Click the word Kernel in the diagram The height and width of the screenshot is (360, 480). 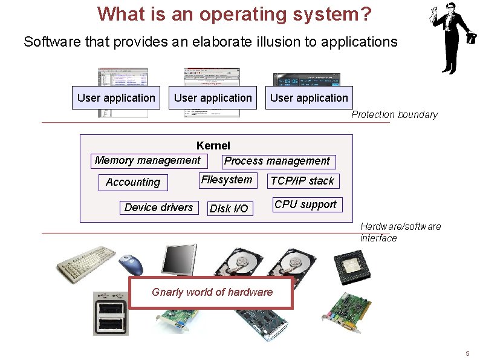click(213, 146)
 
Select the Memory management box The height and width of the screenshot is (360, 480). click(148, 160)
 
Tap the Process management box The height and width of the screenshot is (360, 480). click(277, 161)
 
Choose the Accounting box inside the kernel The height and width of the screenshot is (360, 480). click(133, 182)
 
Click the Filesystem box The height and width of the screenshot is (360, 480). click(227, 180)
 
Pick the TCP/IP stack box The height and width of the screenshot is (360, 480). click(302, 181)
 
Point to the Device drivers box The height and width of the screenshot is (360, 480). click(158, 208)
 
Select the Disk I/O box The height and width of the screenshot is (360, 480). click(229, 209)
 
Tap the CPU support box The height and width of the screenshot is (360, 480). click(305, 205)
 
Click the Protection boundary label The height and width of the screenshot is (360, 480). click(394, 115)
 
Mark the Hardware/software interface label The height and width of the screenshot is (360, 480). click(400, 232)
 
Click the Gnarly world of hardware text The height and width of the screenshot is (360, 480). click(212, 292)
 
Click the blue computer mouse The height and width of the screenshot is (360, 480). click(132, 263)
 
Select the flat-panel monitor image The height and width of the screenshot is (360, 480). click(178, 260)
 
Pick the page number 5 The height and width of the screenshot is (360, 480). click(467, 353)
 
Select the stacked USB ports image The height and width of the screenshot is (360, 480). click(111, 313)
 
